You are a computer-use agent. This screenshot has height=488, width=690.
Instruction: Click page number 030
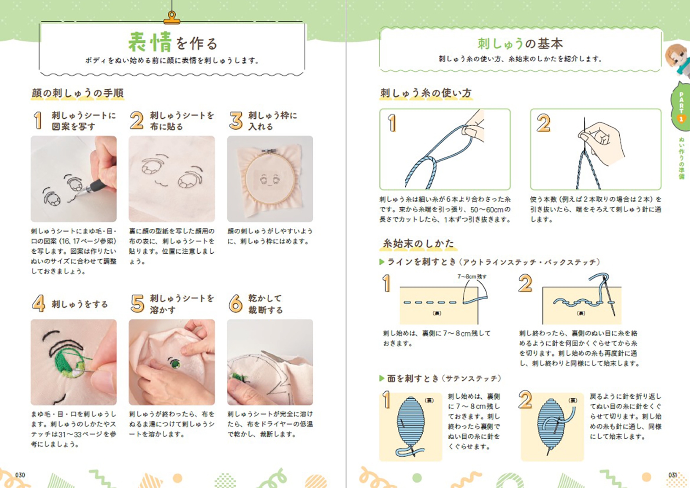tap(20, 475)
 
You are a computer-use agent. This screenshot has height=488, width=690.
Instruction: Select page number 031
tap(673, 475)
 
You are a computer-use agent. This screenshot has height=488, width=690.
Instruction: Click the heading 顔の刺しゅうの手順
tap(78, 93)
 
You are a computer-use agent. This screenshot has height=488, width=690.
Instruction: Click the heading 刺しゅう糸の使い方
tap(426, 93)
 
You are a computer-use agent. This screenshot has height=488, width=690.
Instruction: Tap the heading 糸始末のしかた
tap(418, 243)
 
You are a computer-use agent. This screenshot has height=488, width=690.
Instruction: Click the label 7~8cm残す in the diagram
tap(472, 276)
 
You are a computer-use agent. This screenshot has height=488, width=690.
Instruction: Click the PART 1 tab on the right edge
tap(681, 107)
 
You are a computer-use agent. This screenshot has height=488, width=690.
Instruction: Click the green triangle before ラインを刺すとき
tap(382, 262)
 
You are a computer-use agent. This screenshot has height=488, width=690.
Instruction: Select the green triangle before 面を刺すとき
tap(382, 379)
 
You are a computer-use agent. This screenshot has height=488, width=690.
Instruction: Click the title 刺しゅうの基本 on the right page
tap(520, 43)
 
